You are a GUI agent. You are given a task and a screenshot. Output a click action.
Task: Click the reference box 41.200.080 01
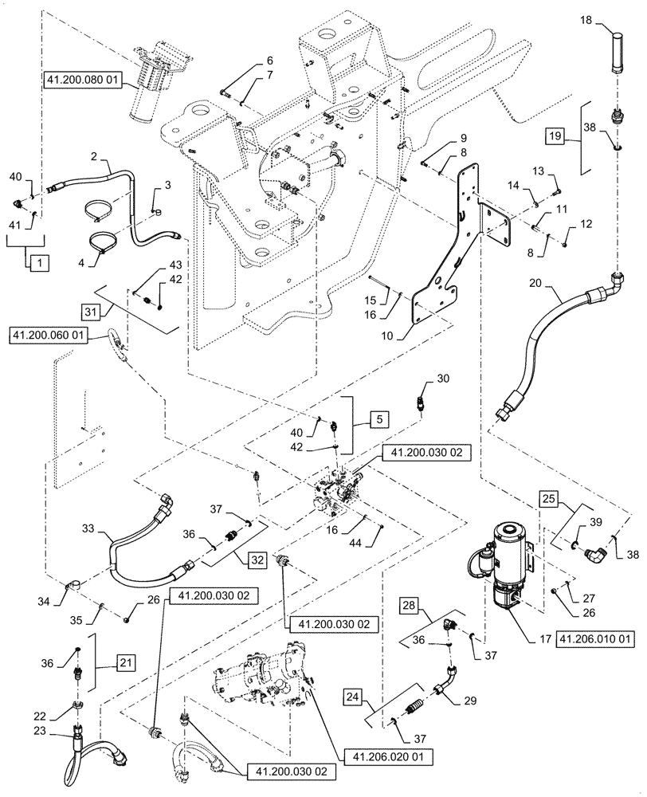tap(81, 80)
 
